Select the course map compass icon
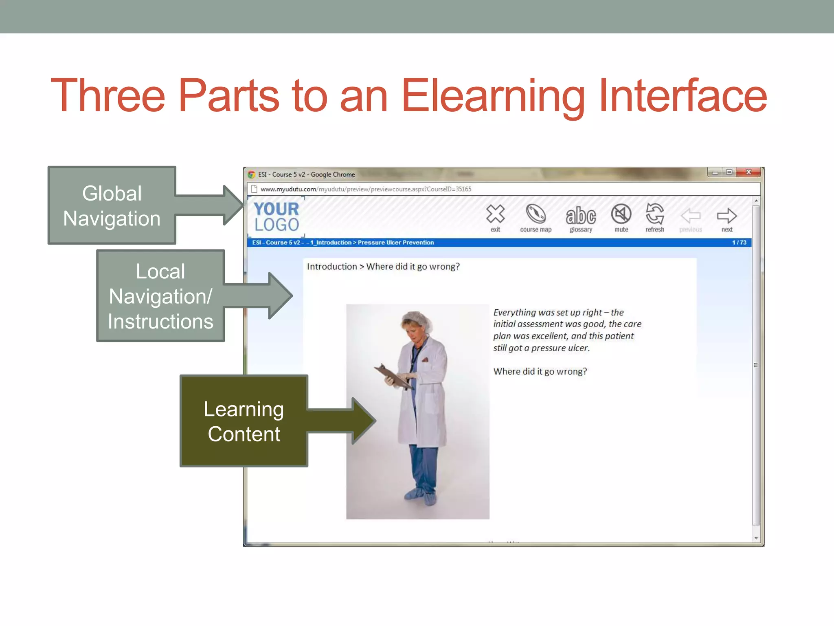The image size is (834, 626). (536, 214)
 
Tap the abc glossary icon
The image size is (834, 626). (581, 216)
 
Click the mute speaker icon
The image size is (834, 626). (621, 214)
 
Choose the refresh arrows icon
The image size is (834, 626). (655, 214)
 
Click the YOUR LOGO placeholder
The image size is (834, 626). (277, 217)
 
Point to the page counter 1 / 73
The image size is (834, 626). (739, 242)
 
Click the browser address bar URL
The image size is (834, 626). (366, 189)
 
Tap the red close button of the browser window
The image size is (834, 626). (748, 172)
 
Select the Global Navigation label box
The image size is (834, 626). (112, 205)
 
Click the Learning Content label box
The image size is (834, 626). (244, 421)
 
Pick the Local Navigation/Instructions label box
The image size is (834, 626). (160, 296)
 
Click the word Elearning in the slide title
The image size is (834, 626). (493, 96)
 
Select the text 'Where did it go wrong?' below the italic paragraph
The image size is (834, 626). (540, 371)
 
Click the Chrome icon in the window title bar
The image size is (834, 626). (251, 174)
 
